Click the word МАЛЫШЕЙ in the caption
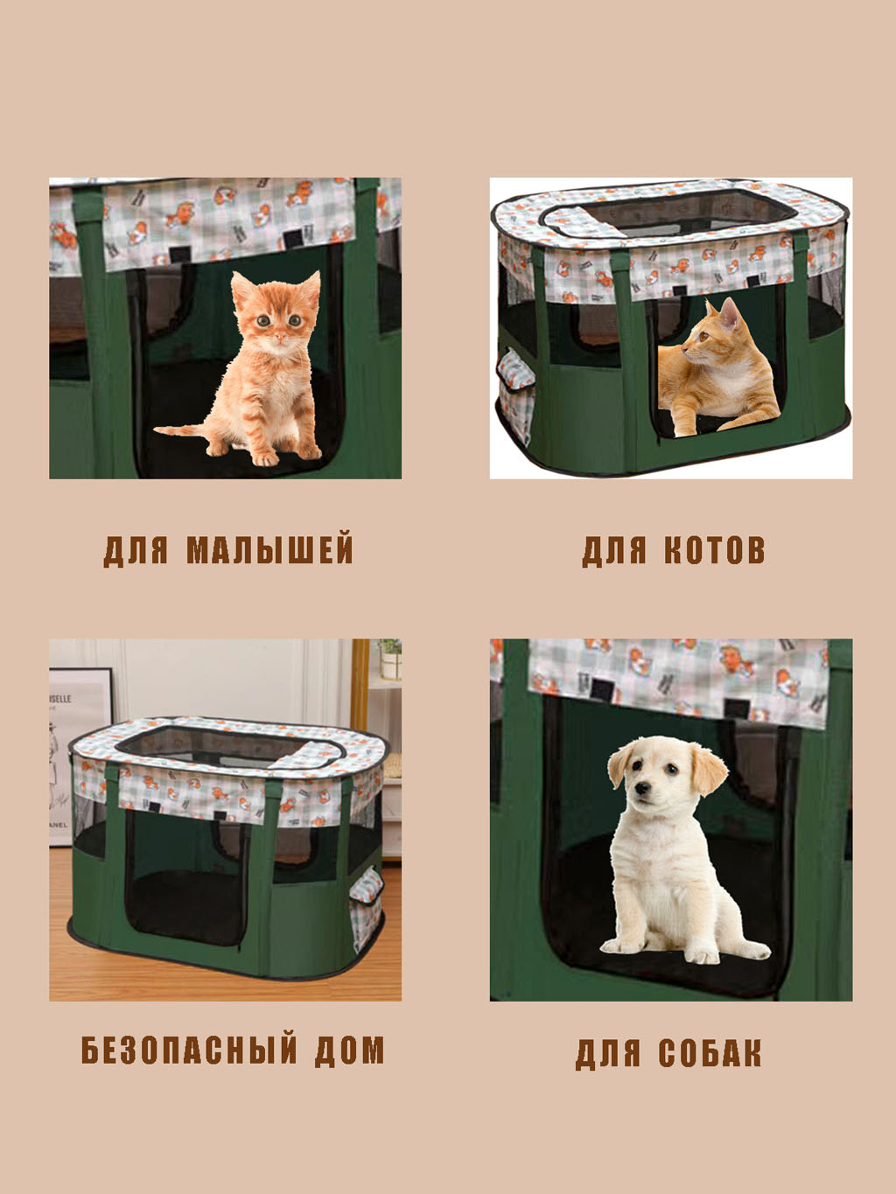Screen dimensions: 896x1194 click(x=269, y=550)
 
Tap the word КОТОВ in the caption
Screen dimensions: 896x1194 click(x=714, y=550)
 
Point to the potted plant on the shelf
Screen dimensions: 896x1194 click(x=390, y=658)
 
